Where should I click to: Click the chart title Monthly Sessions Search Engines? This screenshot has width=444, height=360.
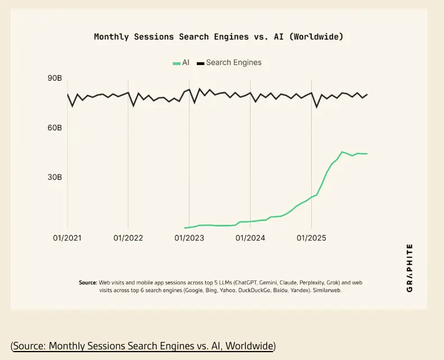218,37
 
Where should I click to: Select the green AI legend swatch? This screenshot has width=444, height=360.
176,63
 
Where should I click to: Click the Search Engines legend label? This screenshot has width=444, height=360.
234,62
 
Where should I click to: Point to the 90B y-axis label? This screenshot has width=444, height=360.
54,78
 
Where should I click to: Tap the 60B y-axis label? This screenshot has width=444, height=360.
54,128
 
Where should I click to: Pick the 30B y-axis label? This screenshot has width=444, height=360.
54,177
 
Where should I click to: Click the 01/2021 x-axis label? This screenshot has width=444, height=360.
67,238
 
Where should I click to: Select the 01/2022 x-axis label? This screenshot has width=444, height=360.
128,238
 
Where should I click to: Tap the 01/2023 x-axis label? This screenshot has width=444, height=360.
189,238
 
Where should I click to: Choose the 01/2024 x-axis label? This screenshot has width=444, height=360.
251,238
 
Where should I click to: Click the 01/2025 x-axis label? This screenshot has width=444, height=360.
312,238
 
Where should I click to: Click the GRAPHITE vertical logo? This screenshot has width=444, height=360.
410,268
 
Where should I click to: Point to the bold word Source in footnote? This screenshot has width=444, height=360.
88,283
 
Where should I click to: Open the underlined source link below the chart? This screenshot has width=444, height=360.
143,345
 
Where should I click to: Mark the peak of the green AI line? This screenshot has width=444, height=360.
342,151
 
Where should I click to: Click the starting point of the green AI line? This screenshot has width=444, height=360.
184,228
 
